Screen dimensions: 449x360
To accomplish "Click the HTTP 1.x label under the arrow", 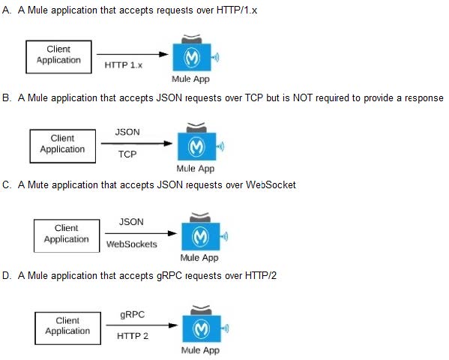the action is (x=124, y=65).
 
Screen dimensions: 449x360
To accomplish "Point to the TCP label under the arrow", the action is (x=127, y=154).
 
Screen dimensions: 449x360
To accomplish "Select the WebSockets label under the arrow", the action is (x=132, y=244).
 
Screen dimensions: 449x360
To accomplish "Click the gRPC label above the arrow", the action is (x=132, y=315).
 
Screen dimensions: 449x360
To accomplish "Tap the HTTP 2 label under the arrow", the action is (x=133, y=336).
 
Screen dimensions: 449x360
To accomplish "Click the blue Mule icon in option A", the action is (x=192, y=57).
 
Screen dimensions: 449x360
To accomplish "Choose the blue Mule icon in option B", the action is (x=196, y=146).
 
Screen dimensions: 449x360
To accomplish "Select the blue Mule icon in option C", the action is (x=201, y=236).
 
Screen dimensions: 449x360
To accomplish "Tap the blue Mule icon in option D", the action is (x=202, y=328).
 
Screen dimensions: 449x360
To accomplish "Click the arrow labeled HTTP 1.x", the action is (x=133, y=54).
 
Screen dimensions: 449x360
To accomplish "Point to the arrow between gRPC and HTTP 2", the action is (x=142, y=325).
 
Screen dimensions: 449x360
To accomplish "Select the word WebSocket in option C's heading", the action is (x=271, y=184).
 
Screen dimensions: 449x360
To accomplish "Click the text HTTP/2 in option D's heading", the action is (x=261, y=276).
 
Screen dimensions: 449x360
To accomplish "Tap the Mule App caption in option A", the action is (x=190, y=79).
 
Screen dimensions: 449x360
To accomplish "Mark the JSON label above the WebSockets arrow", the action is (x=131, y=222).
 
